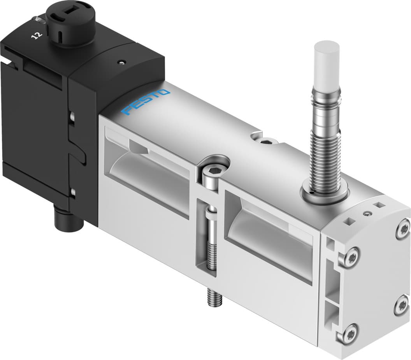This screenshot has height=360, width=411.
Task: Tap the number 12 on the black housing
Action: click(37, 35)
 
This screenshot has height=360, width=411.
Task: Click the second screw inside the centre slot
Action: click(211, 237)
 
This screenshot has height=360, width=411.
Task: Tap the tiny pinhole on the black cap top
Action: click(122, 61)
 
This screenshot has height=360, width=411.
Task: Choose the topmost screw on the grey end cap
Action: click(403, 229)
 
